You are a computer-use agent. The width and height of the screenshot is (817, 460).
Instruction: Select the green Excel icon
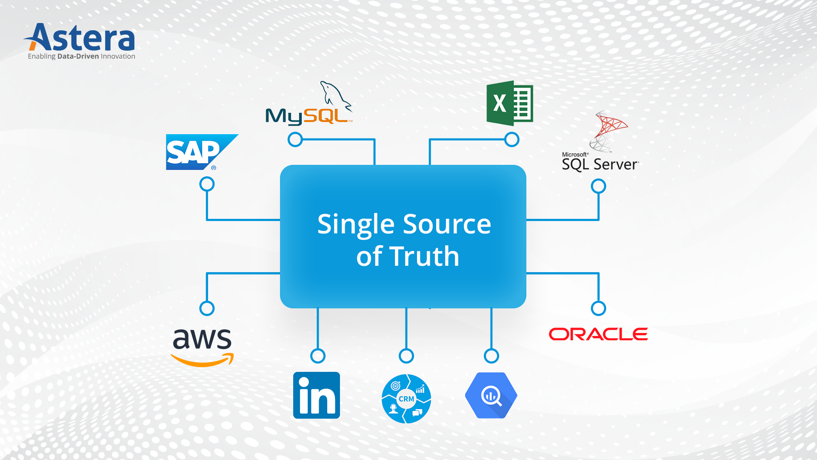click(509, 103)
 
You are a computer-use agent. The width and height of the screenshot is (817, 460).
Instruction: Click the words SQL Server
click(600, 164)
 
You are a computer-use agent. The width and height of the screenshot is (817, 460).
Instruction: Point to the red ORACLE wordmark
click(598, 334)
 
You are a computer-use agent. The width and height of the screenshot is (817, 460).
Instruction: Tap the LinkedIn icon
click(317, 395)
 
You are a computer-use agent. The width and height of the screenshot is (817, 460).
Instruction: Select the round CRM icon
click(406, 399)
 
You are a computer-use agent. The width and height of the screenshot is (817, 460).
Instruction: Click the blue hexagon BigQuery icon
click(491, 396)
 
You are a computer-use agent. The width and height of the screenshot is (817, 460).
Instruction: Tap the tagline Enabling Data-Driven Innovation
click(81, 56)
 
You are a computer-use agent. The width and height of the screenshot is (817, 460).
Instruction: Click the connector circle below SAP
click(207, 184)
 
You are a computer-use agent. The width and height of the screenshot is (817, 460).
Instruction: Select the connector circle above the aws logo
click(207, 308)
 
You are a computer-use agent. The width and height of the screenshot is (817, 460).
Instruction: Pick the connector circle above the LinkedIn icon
click(318, 356)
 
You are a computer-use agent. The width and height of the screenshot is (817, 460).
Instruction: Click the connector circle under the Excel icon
click(511, 139)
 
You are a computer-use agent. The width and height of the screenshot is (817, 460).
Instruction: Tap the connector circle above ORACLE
click(598, 308)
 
